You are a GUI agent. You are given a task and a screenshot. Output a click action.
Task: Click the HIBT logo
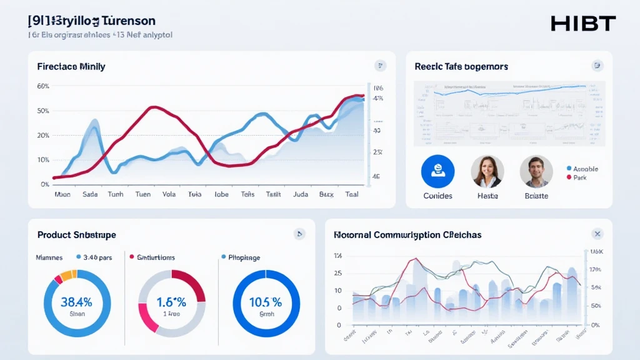click(x=582, y=24)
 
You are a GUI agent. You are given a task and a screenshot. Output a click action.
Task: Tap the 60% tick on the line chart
click(x=43, y=86)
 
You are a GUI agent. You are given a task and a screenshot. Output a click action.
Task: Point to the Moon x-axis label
click(x=63, y=194)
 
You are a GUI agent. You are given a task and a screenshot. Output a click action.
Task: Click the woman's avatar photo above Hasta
click(x=487, y=172)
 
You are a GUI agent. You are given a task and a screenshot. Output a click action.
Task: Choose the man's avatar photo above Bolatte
click(x=536, y=172)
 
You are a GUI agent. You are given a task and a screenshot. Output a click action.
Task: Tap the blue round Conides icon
click(x=437, y=172)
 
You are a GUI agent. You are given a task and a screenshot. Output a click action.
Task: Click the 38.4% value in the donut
click(x=77, y=302)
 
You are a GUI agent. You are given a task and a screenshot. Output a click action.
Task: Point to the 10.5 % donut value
click(x=266, y=302)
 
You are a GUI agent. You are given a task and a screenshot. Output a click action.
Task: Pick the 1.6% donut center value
click(x=171, y=302)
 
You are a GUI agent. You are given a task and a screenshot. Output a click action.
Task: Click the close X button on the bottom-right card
click(x=597, y=234)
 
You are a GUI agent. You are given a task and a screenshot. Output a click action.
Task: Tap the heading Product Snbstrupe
click(x=76, y=235)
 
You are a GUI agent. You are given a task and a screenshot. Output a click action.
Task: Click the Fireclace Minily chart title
click(x=71, y=66)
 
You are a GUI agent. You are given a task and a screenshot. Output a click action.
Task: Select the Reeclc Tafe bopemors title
click(x=461, y=66)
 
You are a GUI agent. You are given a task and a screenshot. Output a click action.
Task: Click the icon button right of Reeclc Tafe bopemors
click(x=597, y=66)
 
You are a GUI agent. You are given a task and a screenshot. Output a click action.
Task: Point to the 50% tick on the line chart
click(x=43, y=111)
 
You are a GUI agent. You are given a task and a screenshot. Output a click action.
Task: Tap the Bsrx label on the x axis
click(x=326, y=194)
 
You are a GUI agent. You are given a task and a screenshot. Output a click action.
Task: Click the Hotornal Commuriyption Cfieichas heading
click(x=407, y=235)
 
